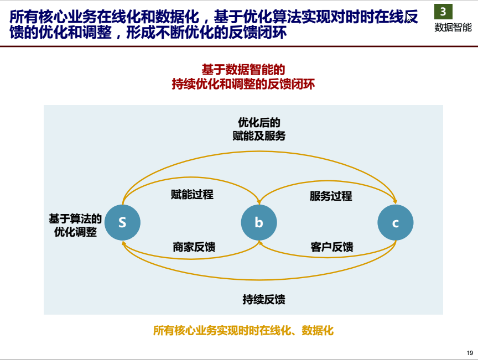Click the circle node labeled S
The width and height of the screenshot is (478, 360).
[122, 222]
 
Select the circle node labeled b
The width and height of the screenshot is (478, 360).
[259, 222]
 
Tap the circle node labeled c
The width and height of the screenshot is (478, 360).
[396, 222]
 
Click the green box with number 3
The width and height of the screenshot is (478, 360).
[443, 12]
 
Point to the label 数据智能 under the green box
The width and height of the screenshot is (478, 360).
[453, 28]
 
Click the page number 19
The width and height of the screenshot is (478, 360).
[470, 353]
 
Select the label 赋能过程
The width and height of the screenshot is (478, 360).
[192, 195]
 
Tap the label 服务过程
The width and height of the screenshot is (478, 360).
[331, 196]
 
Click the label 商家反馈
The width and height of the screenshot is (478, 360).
[194, 247]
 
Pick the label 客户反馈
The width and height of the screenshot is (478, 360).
[332, 247]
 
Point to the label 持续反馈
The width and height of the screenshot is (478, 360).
[264, 299]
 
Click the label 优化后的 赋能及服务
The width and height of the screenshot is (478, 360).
[259, 129]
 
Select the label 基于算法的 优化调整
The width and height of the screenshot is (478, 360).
[75, 225]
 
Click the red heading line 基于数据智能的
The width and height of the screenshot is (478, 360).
[243, 70]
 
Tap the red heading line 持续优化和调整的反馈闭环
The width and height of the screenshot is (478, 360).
[243, 84]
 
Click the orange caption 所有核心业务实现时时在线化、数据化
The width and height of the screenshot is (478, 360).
[243, 331]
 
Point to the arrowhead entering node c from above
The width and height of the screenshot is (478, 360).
[395, 202]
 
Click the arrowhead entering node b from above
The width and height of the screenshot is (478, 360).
[259, 202]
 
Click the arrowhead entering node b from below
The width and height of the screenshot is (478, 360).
[259, 243]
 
